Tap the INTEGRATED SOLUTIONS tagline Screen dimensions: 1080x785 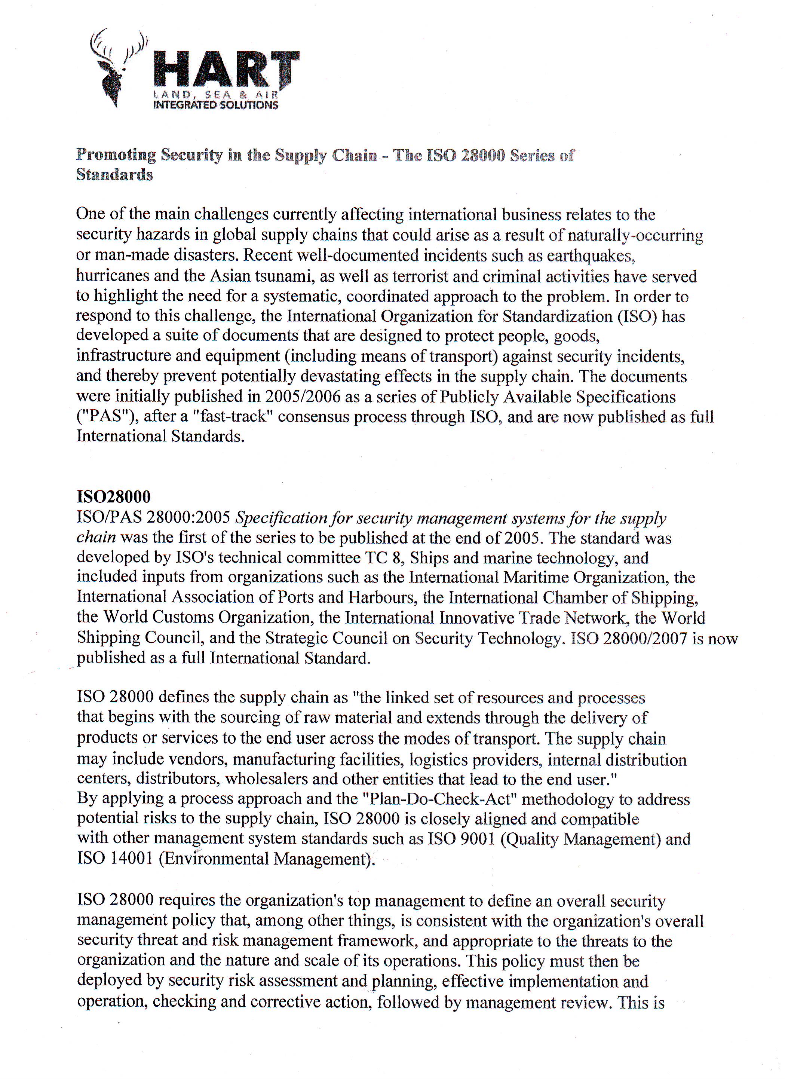click(215, 105)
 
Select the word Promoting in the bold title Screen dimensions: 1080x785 click(116, 155)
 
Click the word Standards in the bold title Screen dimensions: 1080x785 click(114, 175)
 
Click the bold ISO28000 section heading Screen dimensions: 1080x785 click(114, 497)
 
